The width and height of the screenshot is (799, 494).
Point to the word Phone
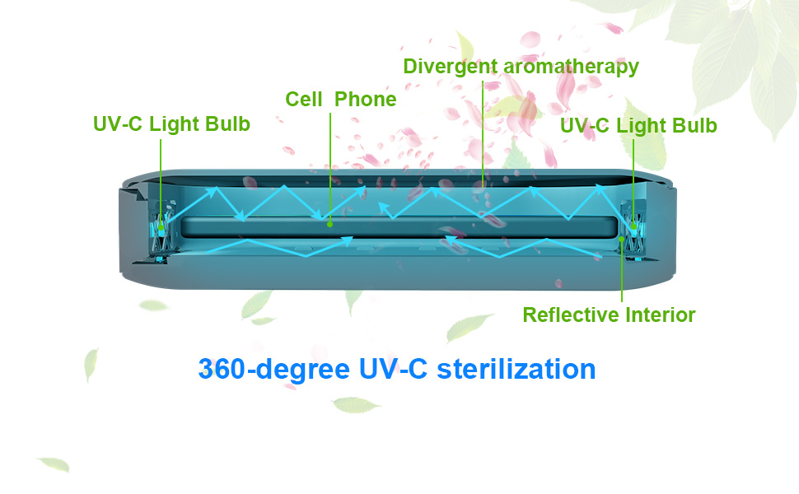365,100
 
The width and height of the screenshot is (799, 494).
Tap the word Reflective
571,315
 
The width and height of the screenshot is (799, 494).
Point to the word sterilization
516,368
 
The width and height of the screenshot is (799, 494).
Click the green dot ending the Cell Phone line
329,222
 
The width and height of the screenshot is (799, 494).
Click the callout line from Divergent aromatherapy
483,132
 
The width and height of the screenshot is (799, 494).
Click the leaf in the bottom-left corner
54,464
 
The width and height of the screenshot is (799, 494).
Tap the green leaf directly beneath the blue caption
356,404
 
